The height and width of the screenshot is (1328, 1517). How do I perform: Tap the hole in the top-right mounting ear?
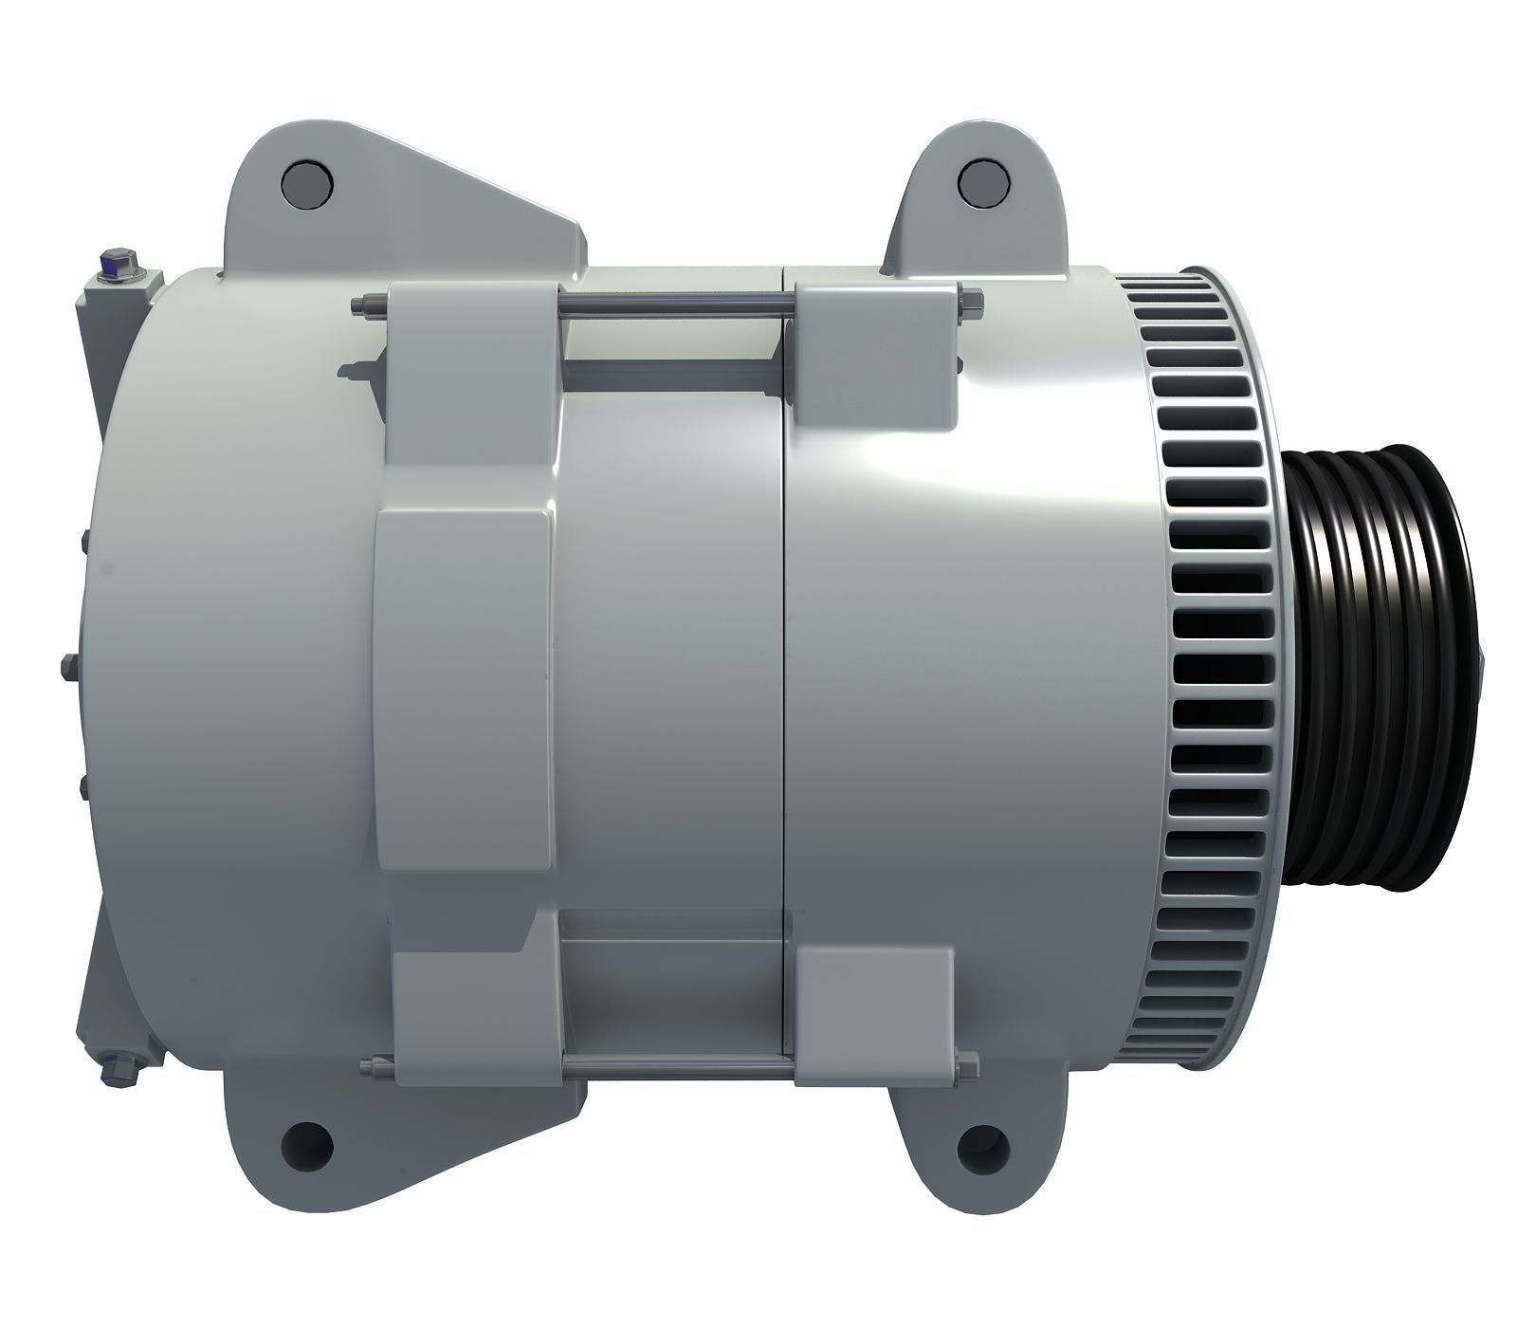(982, 182)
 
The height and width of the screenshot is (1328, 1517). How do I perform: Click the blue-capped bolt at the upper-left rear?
(117, 261)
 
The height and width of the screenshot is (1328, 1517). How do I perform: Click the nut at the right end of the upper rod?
(973, 304)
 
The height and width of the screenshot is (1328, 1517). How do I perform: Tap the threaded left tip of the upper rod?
(361, 304)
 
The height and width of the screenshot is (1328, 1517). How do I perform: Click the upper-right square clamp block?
(874, 351)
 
